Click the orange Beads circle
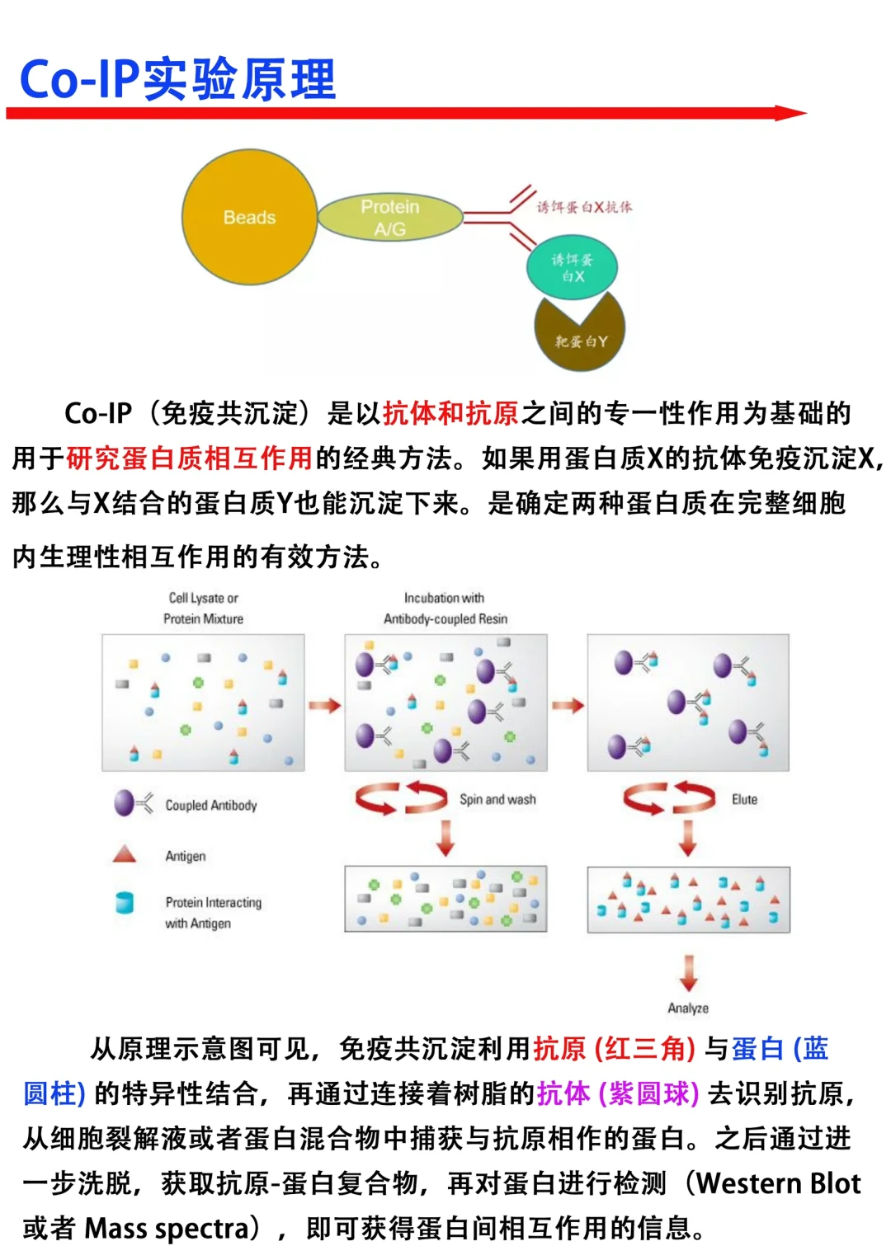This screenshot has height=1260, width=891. coord(249,218)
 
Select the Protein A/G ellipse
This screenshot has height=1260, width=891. coord(389,218)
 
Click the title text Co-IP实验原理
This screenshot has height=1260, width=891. coord(177,80)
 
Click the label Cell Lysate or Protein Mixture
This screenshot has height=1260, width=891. coord(203,609)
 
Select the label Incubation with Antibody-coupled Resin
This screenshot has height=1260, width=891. coord(445,609)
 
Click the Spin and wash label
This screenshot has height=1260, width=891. coord(497,799)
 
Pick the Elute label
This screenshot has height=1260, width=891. coord(744,799)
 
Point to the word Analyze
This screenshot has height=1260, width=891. coord(688,1008)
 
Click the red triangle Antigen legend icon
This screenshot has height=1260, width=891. coord(125,854)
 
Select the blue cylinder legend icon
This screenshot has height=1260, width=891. coord(125,903)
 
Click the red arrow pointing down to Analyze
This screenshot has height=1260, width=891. coord(689,973)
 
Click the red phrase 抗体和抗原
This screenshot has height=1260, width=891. coord(450,413)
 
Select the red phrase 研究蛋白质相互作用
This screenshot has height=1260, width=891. coord(189,458)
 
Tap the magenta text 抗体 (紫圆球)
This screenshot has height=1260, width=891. coord(618,1093)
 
